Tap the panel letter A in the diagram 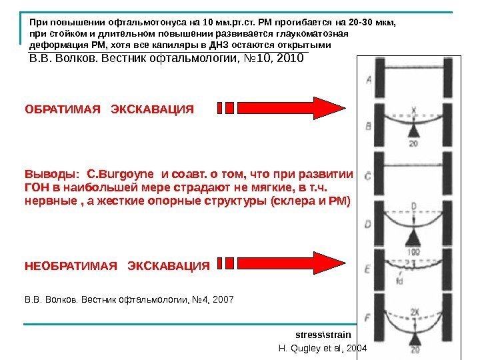[x=368, y=81]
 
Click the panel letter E [x=368, y=269]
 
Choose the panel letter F [x=368, y=317]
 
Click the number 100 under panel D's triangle [x=415, y=252]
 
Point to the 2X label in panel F [x=415, y=311]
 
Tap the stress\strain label [x=317, y=333]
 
